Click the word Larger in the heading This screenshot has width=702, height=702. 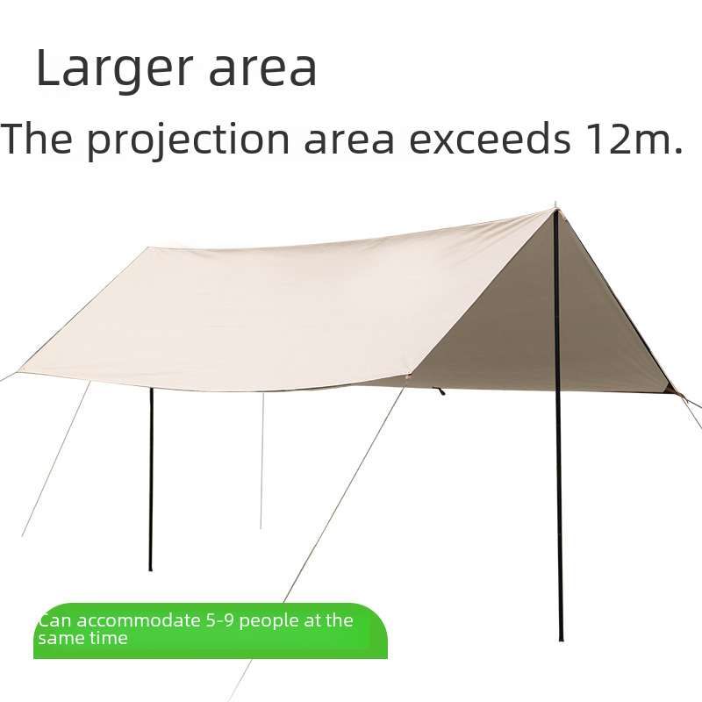point(114,69)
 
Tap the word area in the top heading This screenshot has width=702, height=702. point(262,69)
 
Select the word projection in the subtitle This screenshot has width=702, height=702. point(188,139)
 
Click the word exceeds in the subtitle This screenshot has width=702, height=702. point(491,139)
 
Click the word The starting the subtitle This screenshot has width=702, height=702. point(37,139)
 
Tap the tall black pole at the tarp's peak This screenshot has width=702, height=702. point(558,426)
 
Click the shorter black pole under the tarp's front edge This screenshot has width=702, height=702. point(150,479)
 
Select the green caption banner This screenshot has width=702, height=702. point(211,631)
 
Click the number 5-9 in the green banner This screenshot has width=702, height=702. point(220,620)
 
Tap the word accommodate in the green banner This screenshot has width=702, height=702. point(139,620)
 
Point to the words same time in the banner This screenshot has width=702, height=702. point(82,638)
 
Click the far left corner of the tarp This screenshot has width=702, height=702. point(18,371)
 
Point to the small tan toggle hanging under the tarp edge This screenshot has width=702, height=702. point(441,391)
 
